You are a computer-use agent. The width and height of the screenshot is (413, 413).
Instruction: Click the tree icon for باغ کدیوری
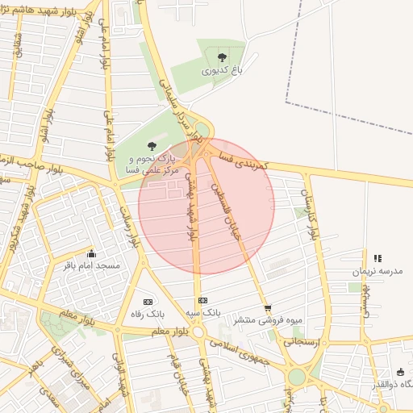pyautogui.click(x=222, y=56)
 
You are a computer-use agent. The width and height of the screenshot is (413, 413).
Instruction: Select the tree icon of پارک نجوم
pyautogui.click(x=152, y=146)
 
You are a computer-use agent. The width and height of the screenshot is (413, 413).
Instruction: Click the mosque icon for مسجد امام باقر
pyautogui.click(x=91, y=252)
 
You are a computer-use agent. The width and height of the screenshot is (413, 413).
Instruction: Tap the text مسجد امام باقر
pyautogui.click(x=91, y=265)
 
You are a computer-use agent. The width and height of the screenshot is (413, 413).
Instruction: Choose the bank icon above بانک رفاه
pyautogui.click(x=148, y=300)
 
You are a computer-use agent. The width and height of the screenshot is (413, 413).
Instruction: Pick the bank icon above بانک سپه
pyautogui.click(x=202, y=300)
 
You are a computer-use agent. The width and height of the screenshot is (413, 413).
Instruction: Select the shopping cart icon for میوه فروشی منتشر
pyautogui.click(x=268, y=307)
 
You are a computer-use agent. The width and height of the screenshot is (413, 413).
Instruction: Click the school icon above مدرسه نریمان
pyautogui.click(x=378, y=258)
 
